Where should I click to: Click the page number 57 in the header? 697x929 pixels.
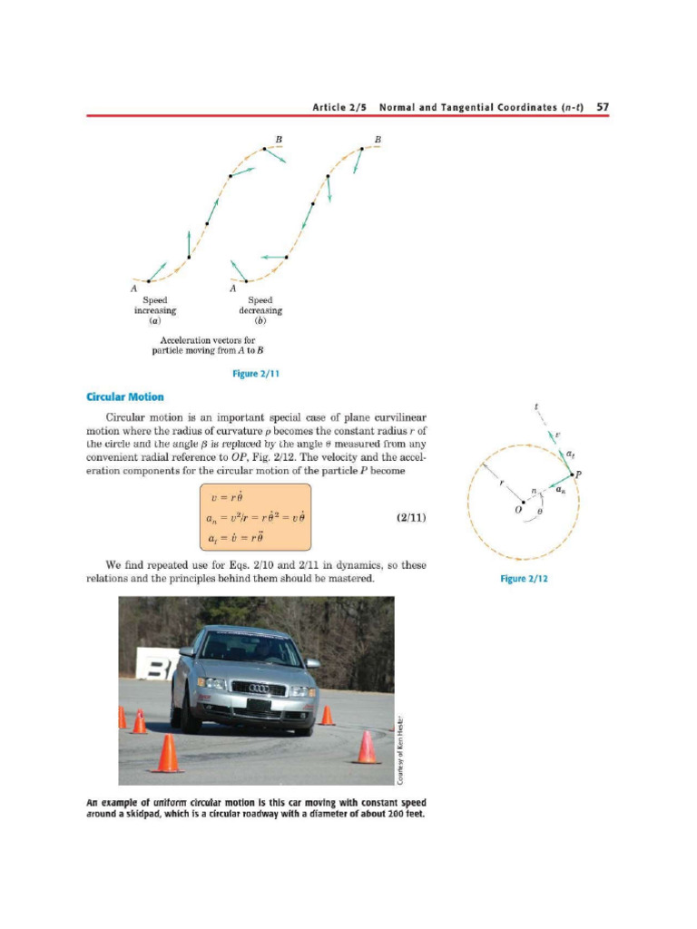603,107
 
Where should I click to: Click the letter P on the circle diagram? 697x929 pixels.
578,474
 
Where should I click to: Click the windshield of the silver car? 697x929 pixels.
250,649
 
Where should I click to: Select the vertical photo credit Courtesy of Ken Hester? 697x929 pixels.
400,749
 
